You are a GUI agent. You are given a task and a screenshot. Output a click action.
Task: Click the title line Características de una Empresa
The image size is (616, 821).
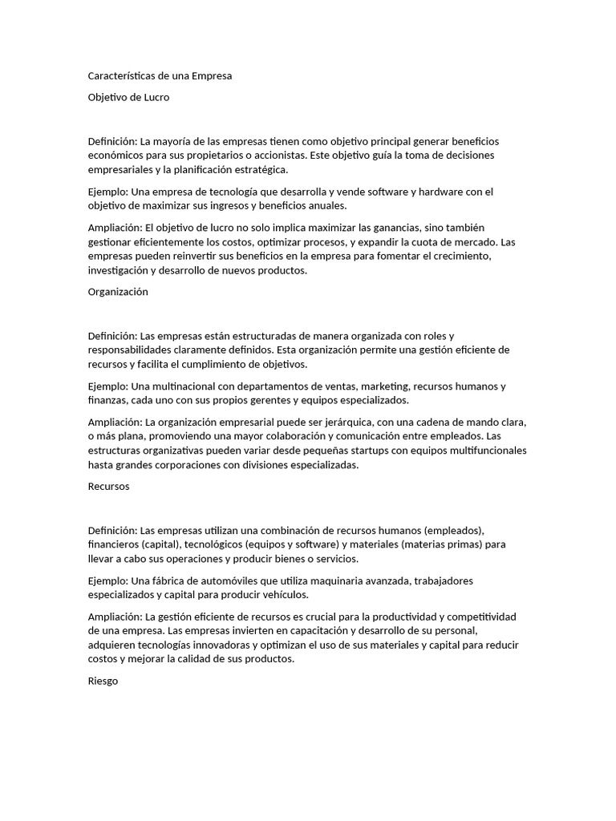coord(160,76)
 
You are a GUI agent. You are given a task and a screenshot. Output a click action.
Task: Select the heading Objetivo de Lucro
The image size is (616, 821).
coord(128,97)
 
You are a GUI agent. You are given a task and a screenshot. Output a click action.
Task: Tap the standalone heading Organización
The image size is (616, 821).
coord(118,292)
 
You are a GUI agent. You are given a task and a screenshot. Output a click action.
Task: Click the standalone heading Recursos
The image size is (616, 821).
coord(108,486)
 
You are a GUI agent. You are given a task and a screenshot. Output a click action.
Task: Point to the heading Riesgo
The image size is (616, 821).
coord(103,681)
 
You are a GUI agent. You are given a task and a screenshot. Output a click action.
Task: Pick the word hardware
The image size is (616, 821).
coord(430,191)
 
